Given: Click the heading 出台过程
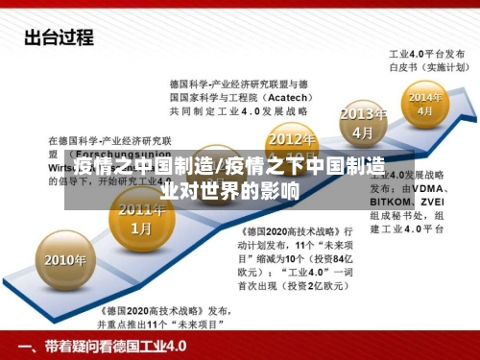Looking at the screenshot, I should [x=59, y=38].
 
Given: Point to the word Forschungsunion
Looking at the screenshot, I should [x=126, y=153].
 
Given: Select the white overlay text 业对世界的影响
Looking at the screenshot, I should [x=230, y=190].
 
